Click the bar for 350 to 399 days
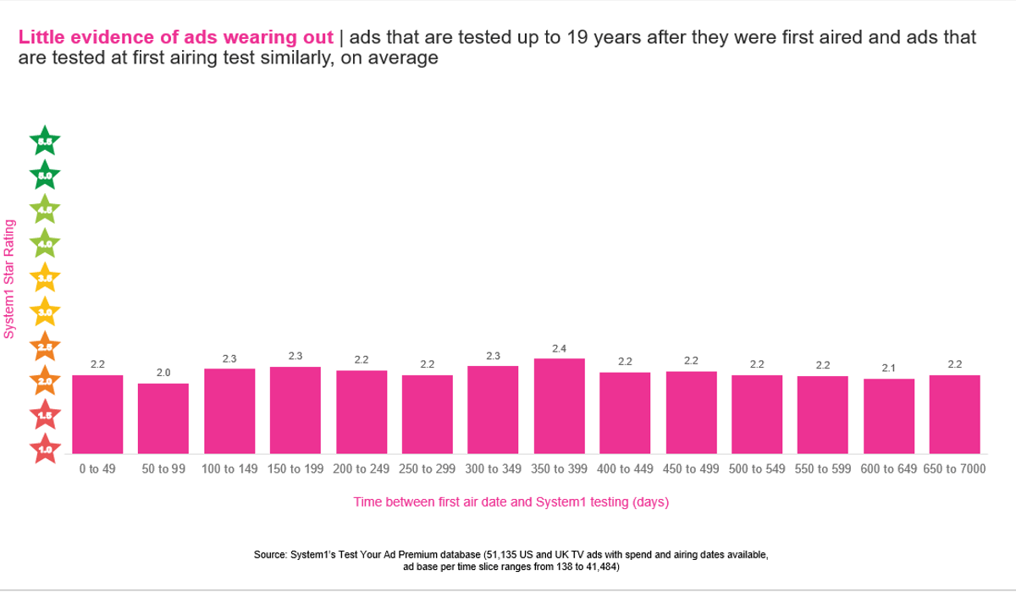click(x=559, y=406)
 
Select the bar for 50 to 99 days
click(x=163, y=418)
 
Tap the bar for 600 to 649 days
click(x=889, y=416)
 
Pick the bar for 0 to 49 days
click(x=97, y=414)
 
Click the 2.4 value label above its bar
click(x=559, y=348)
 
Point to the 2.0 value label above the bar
click(x=163, y=373)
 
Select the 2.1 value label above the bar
click(x=889, y=368)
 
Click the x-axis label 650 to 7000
click(x=954, y=468)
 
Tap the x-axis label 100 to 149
click(x=229, y=468)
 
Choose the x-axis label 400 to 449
click(x=625, y=468)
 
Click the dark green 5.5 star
click(x=45, y=141)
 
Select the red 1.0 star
click(x=45, y=448)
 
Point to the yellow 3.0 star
click(x=45, y=312)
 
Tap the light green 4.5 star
click(x=45, y=208)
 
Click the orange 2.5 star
click(x=45, y=346)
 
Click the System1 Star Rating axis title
click(x=9, y=279)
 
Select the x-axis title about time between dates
click(x=511, y=502)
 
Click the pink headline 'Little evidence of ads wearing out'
click(x=176, y=37)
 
